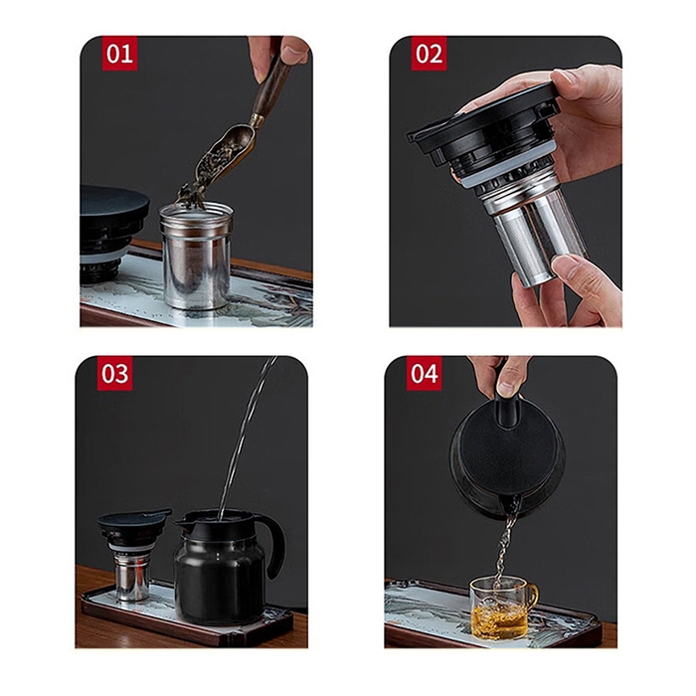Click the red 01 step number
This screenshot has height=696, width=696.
120,54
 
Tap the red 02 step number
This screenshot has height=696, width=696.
429,54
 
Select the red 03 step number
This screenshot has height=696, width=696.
114,373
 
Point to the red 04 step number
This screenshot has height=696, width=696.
425,373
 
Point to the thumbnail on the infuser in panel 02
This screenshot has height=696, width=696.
567,263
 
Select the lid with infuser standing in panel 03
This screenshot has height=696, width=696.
132,552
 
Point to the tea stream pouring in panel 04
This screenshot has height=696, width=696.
506,546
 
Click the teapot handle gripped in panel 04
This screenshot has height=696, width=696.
509,404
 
